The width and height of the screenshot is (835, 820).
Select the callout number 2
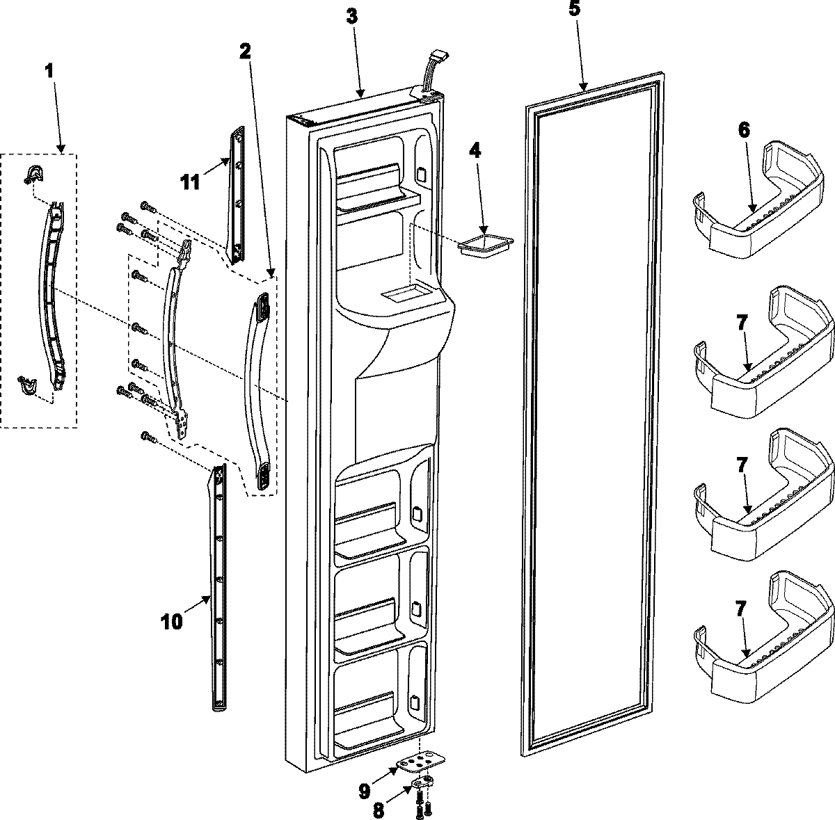tap(246, 51)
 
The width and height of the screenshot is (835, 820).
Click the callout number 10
tap(172, 620)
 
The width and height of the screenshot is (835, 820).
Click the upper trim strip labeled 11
tap(237, 195)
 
